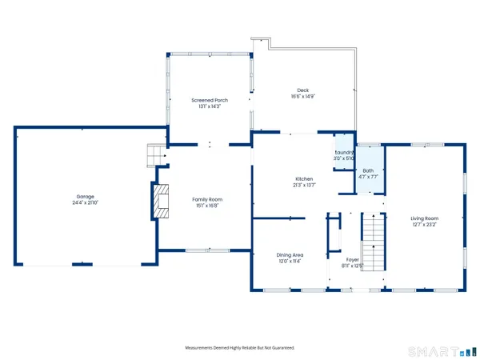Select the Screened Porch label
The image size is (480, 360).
[210, 100]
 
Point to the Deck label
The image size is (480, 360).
[302, 90]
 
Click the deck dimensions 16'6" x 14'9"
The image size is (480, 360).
[302, 97]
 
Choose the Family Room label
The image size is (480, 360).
[207, 198]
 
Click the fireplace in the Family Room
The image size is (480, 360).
[162, 200]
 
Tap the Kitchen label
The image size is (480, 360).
[303, 178]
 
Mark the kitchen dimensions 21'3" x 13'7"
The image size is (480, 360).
[303, 186]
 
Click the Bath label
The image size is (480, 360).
[368, 170]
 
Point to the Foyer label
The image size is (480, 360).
[352, 259]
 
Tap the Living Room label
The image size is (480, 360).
[425, 218]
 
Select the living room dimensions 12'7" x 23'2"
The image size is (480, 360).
[425, 225]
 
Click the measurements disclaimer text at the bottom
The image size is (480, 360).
[239, 348]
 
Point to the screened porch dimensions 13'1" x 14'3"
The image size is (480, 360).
[210, 107]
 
